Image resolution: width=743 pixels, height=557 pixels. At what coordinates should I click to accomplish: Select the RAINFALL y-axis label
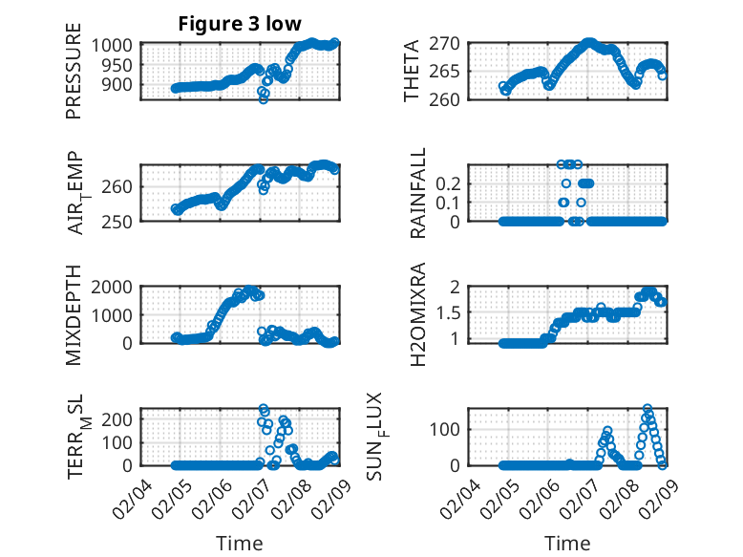tap(417, 195)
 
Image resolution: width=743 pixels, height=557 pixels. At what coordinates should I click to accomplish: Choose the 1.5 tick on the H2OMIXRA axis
tap(461, 312)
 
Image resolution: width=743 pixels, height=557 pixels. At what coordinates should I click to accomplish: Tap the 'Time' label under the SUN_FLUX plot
tap(567, 544)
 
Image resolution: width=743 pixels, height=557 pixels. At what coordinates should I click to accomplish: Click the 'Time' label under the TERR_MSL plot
tap(240, 544)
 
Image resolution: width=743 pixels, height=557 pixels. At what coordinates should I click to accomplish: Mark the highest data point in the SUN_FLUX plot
tap(647, 409)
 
